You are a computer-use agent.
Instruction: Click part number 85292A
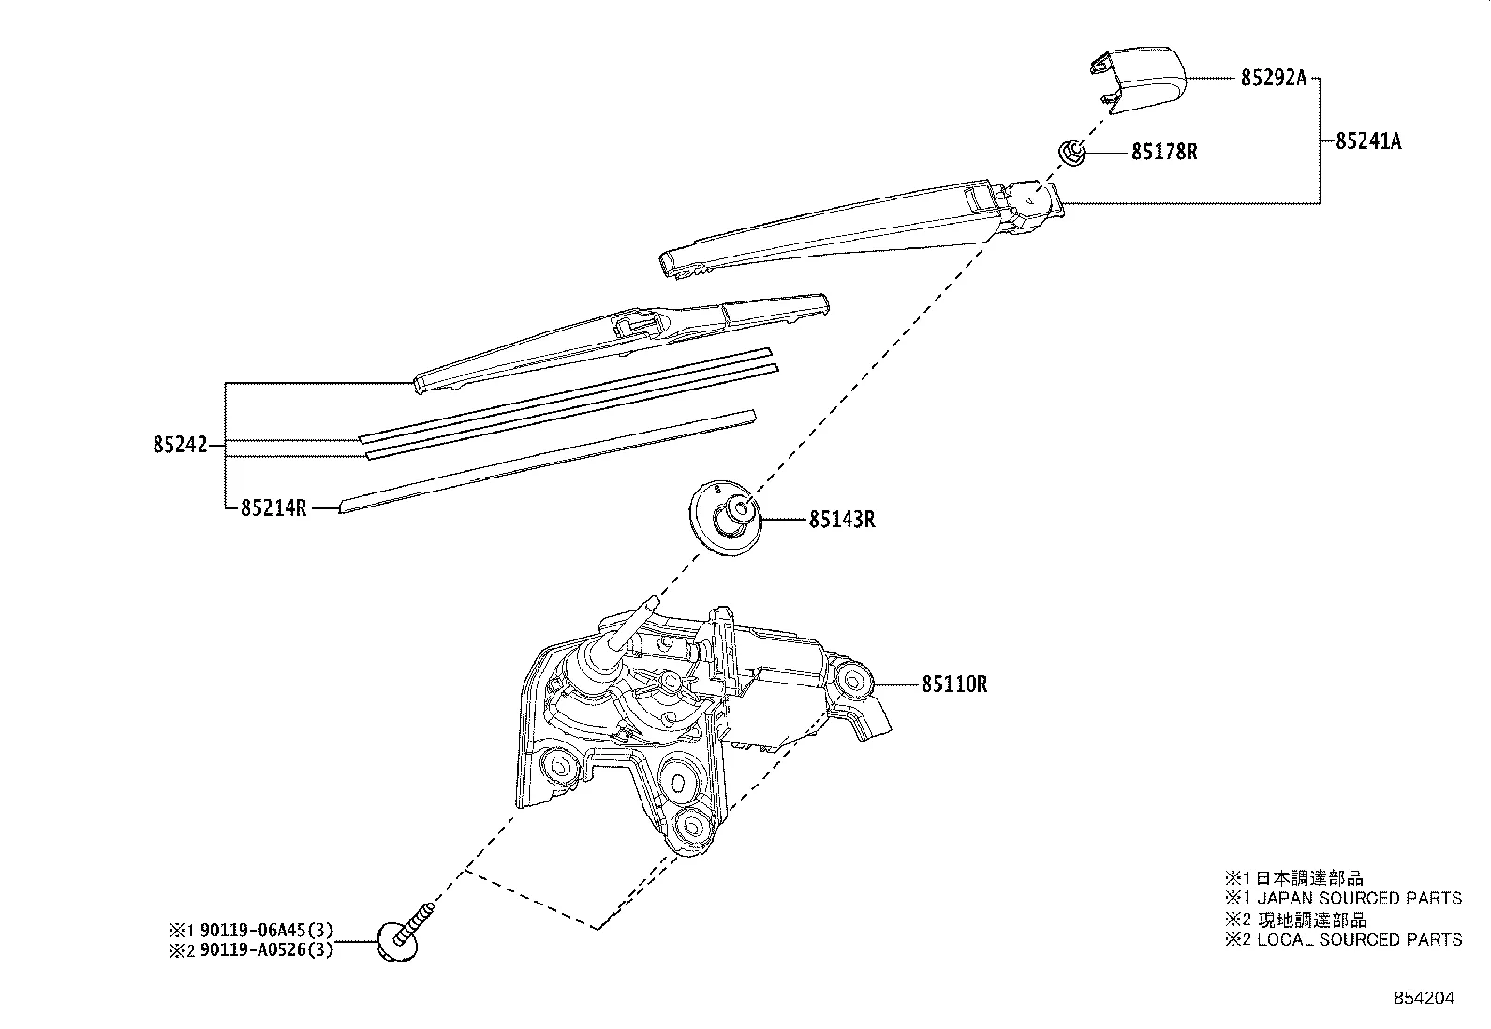point(1273,79)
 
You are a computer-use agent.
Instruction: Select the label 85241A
point(1367,141)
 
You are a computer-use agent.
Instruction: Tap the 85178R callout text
point(1164,152)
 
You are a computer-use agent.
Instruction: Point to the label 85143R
point(842,519)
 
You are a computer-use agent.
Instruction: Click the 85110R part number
point(953,684)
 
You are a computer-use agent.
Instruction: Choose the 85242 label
point(179,446)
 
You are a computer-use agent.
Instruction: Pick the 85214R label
point(273,508)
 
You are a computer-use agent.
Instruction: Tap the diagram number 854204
point(1424,998)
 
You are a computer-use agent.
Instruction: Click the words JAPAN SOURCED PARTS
point(1358,898)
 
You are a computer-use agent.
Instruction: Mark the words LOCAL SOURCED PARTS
point(1359,939)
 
